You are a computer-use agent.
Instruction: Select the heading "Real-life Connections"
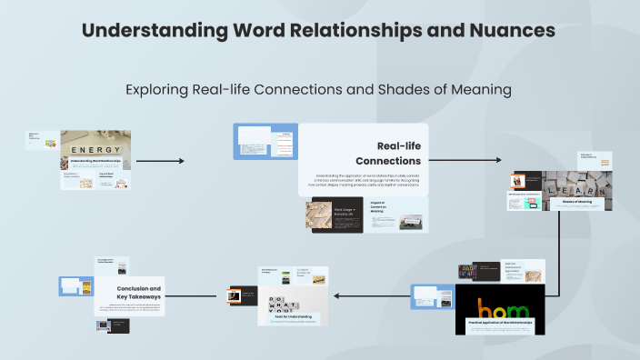click(x=390, y=153)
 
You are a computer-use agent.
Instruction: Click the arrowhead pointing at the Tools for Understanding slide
click(x=337, y=295)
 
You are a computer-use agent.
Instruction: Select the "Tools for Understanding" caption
click(x=288, y=317)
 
